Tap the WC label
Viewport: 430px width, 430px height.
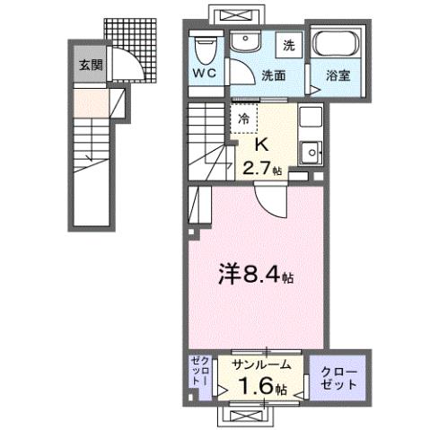203,73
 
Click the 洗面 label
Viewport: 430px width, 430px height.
274,75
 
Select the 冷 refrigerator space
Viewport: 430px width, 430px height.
244,117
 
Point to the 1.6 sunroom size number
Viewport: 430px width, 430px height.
257,388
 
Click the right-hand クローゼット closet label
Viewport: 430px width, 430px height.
338,377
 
